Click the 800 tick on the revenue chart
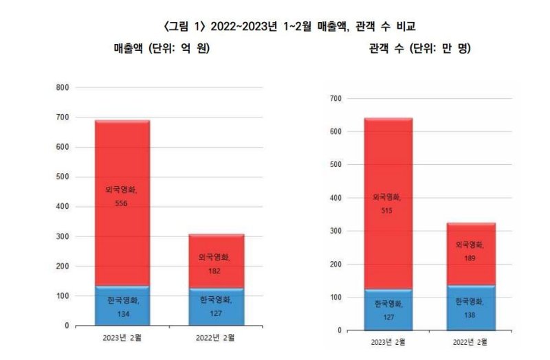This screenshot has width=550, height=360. [63, 87]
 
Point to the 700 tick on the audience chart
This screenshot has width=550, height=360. [335, 98]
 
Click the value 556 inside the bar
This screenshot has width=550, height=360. [122, 203]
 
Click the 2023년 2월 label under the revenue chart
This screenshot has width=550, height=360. [122, 337]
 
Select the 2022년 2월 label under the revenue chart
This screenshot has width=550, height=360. [216, 337]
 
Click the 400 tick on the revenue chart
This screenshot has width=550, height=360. [63, 206]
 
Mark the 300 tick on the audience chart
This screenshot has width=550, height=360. [335, 231]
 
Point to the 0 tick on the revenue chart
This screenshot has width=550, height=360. [67, 325]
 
